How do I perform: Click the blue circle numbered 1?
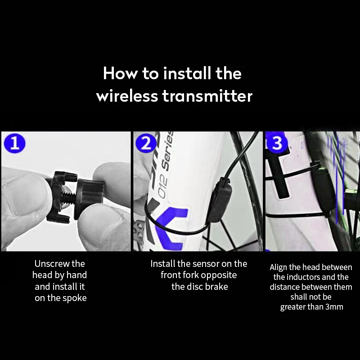(x=15, y=143)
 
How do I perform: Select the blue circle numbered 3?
(x=277, y=143)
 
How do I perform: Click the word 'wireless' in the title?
(x=127, y=96)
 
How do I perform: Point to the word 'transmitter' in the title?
(x=207, y=96)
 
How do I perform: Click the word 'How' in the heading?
(x=121, y=74)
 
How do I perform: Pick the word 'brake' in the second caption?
(x=216, y=287)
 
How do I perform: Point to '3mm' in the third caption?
(x=334, y=307)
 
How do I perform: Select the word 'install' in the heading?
(x=187, y=74)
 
